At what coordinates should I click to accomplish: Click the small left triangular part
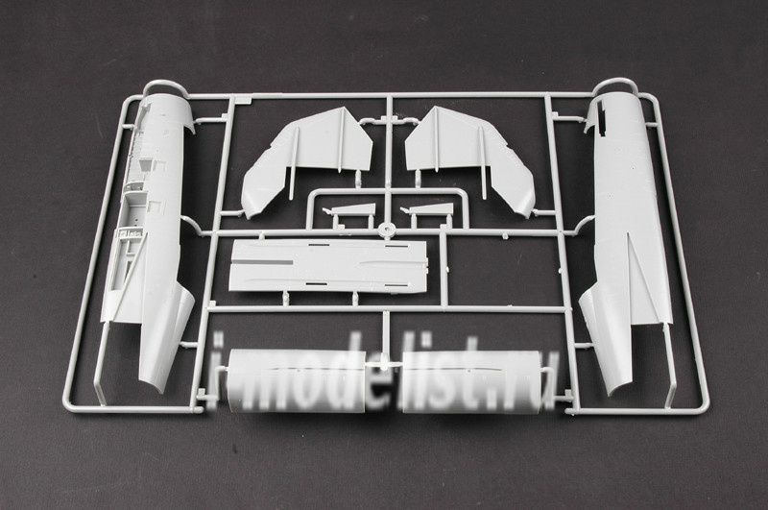click(x=350, y=209)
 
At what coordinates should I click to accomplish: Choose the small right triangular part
click(x=427, y=209)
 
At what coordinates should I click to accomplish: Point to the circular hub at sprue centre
click(x=388, y=229)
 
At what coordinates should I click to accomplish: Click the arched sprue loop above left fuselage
click(x=165, y=84)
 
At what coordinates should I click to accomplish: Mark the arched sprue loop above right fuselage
click(x=613, y=81)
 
